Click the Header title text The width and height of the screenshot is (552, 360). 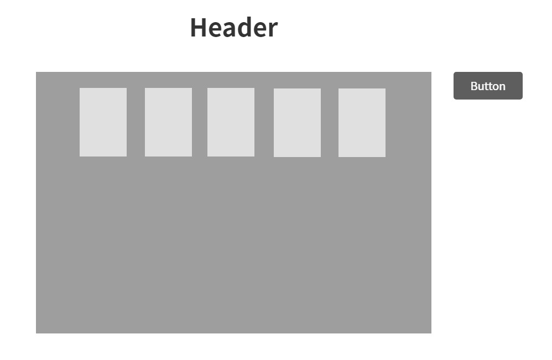point(233,28)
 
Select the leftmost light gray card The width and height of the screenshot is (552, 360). point(103,122)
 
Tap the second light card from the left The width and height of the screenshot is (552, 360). point(168,122)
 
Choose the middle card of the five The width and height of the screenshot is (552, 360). point(231,122)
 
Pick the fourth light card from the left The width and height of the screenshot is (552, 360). point(297,123)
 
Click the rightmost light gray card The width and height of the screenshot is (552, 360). point(362,123)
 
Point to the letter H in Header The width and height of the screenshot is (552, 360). point(199,28)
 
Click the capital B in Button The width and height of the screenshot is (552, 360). point(474,86)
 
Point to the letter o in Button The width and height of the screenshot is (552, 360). point(496,87)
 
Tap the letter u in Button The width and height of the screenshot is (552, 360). point(481,87)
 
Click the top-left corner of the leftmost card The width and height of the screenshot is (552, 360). point(80,88)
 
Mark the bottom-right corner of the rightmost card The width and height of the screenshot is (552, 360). point(385,156)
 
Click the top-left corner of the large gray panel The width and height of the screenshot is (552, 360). point(37,72)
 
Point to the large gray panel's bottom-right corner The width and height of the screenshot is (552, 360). point(430,332)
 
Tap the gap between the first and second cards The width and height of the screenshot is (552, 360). point(136,122)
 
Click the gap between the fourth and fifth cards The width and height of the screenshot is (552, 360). point(330,123)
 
